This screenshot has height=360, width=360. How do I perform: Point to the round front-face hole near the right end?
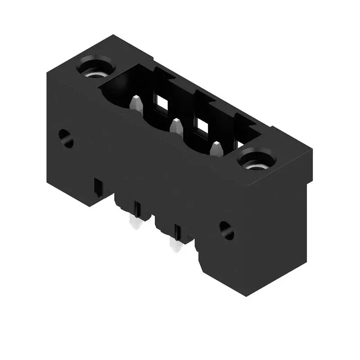[x=226, y=230]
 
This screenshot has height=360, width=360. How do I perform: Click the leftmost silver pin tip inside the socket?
[x=136, y=103]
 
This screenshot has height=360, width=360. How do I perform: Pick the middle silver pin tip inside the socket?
[x=176, y=127]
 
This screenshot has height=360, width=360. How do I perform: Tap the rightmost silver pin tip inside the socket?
[x=216, y=149]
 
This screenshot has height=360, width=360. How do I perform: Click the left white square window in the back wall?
[x=161, y=103]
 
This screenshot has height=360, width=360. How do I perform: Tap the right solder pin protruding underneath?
[x=175, y=245]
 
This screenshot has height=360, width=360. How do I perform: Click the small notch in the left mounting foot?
[x=97, y=189]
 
